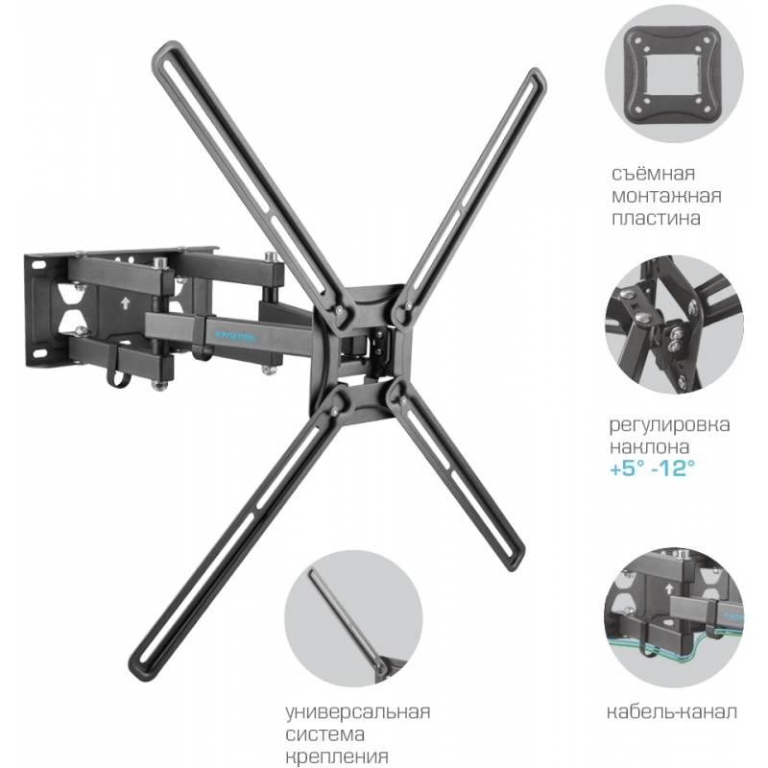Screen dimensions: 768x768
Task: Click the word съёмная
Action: (653, 175)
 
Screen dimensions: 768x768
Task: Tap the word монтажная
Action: (666, 197)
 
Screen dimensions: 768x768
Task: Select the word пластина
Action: (656, 218)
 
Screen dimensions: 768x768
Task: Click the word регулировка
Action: (669, 425)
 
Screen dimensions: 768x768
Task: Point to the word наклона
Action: (650, 446)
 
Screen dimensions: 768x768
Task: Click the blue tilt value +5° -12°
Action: (653, 468)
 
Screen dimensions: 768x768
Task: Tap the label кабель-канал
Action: (671, 711)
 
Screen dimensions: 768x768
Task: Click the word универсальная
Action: (358, 711)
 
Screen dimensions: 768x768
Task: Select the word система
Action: (325, 734)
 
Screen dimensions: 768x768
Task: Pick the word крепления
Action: (338, 756)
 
